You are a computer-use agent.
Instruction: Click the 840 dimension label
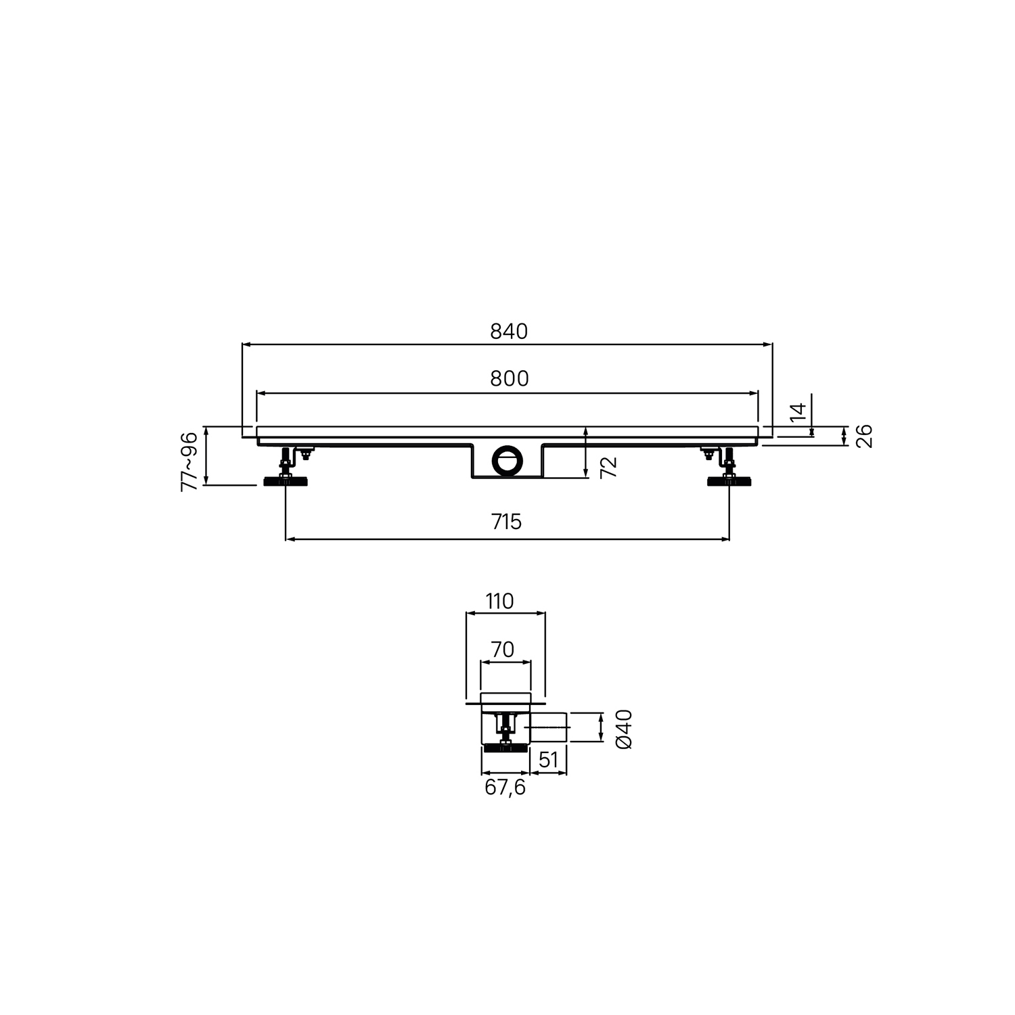[x=508, y=331]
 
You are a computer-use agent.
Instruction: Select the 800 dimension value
[x=509, y=378]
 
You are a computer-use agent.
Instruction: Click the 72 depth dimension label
[x=609, y=467]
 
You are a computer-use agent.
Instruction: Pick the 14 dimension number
[x=798, y=413]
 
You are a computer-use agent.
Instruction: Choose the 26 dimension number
[x=864, y=436]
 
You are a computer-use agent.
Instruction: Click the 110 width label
[x=500, y=600]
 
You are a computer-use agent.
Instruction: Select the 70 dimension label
[x=502, y=649]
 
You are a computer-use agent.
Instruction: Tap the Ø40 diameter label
[x=624, y=728]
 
